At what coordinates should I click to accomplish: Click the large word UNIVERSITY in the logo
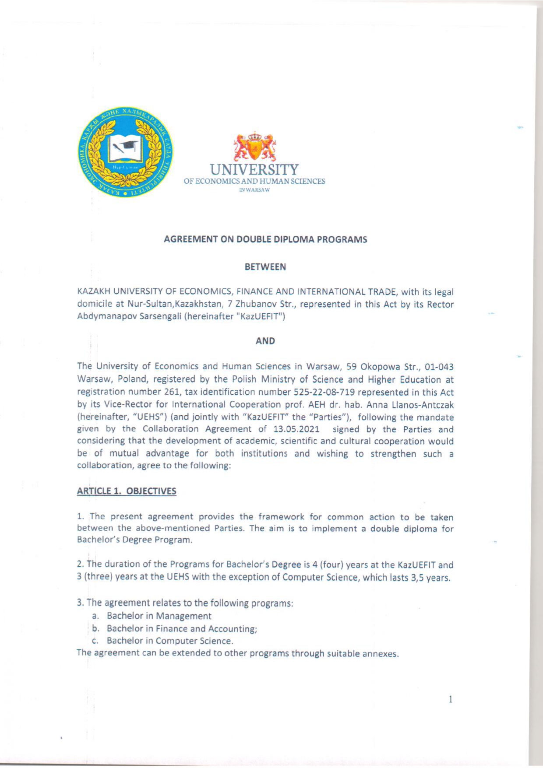254,169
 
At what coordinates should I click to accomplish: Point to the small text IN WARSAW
254,190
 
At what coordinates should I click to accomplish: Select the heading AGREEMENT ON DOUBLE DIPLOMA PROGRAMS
265,239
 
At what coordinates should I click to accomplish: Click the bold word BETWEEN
265,267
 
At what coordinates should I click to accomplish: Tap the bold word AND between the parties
265,341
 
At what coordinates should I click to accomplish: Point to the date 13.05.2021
296,429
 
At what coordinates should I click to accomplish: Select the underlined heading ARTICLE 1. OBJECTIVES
127,491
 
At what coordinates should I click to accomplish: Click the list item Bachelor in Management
159,616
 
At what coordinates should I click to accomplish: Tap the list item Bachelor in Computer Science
170,641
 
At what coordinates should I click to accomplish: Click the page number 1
450,699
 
